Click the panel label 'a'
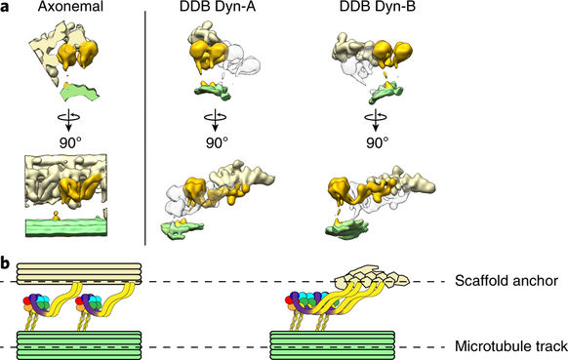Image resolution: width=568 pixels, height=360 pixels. [x=7, y=17]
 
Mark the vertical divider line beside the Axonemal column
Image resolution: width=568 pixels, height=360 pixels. [x=145, y=127]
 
